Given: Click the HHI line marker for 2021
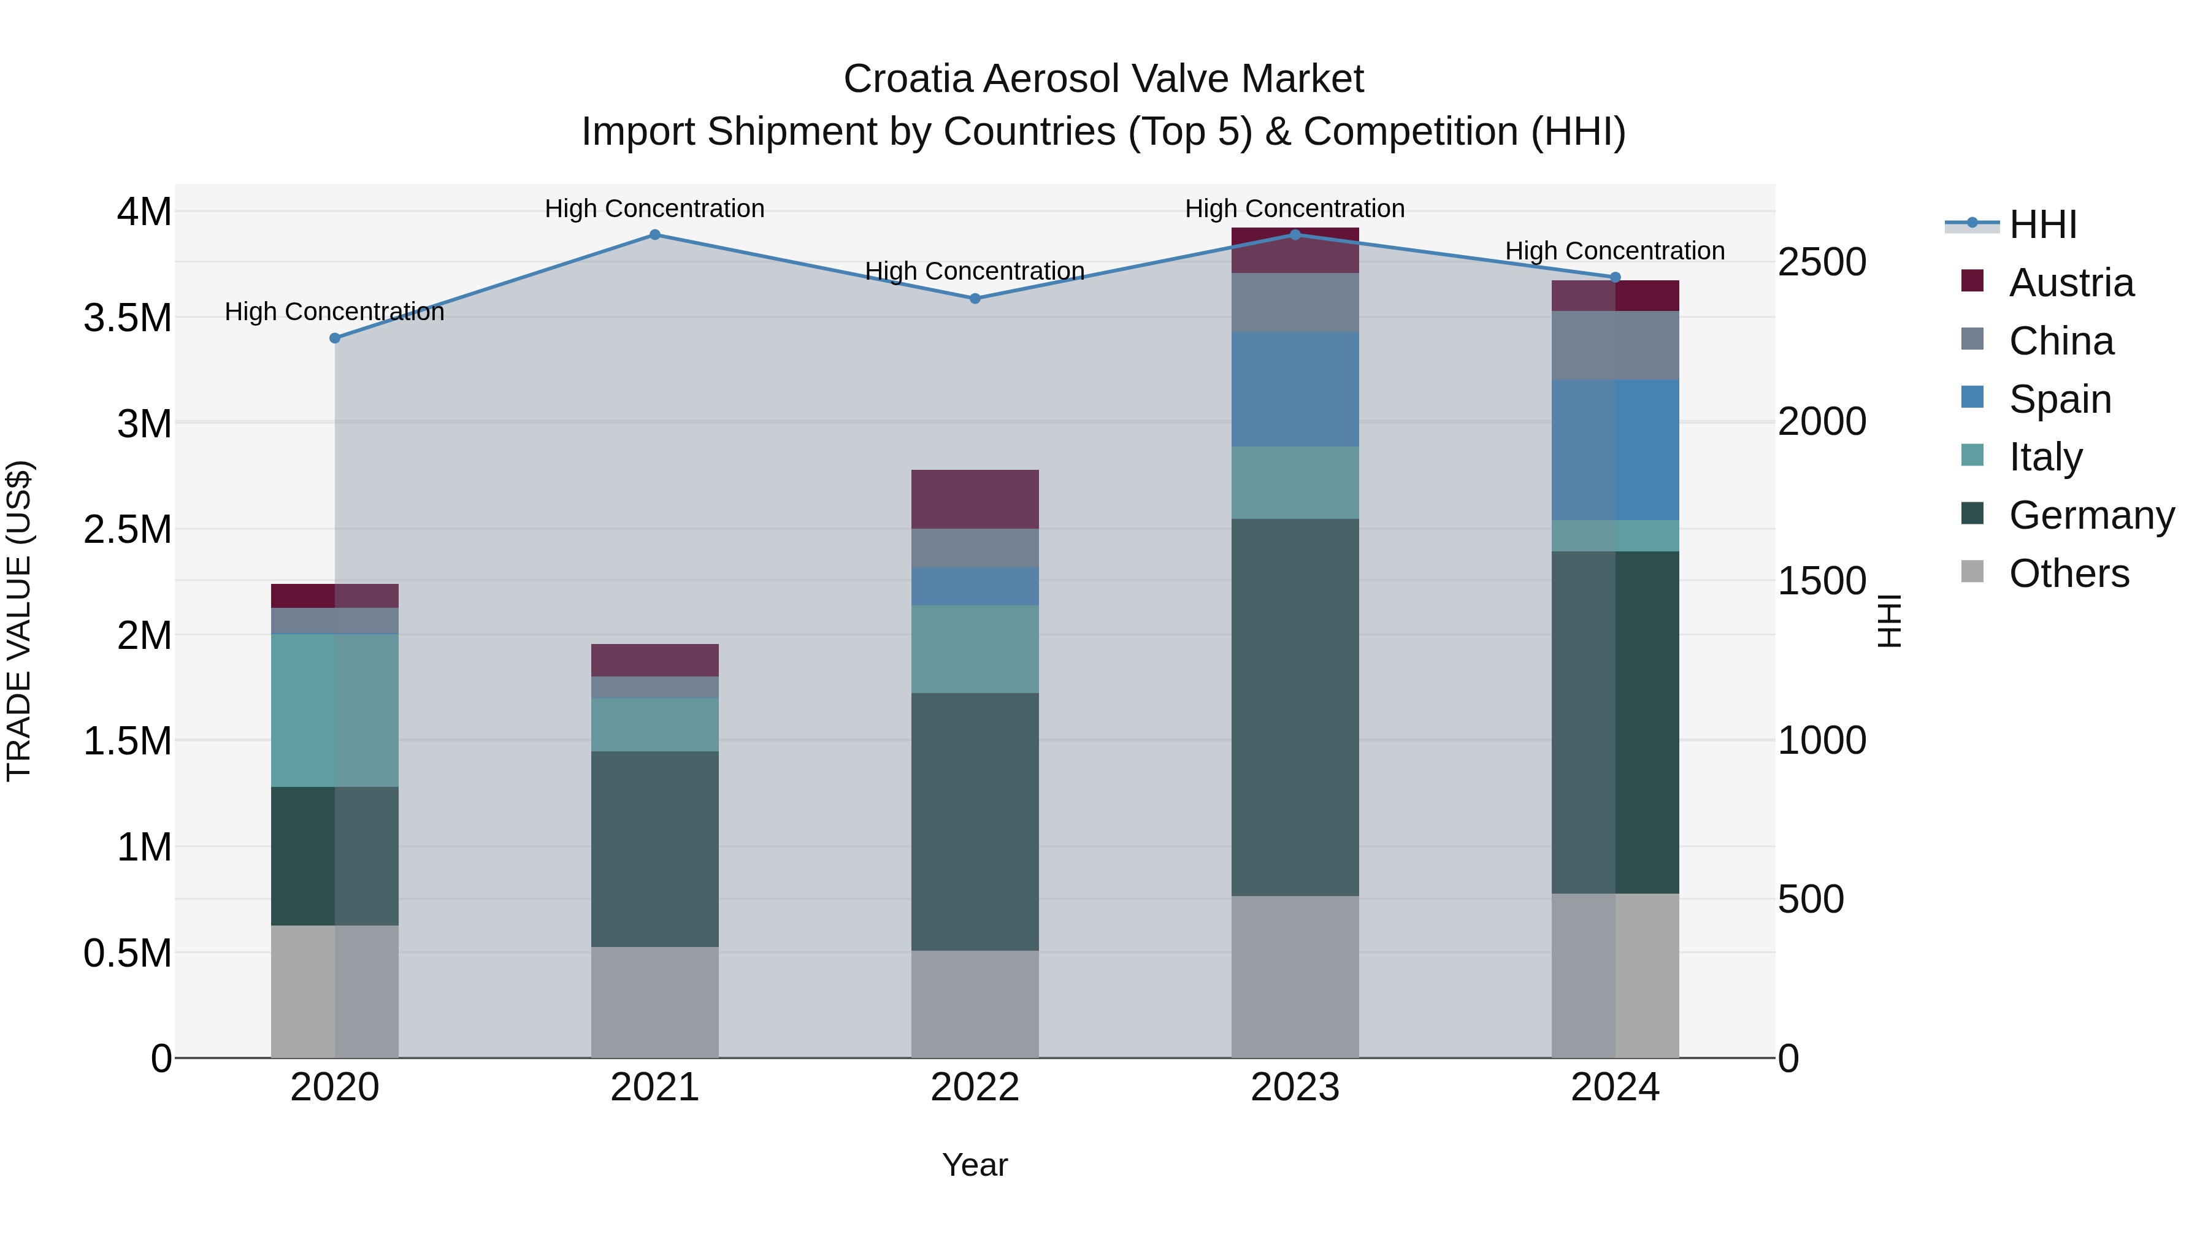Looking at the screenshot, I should [x=655, y=235].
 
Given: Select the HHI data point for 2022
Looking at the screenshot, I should [x=975, y=298].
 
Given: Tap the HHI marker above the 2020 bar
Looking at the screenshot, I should [x=335, y=339].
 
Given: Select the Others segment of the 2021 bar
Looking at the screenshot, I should [x=655, y=1002].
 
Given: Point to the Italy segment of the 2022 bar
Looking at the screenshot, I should [x=975, y=649].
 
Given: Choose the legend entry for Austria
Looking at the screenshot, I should [x=2070, y=283].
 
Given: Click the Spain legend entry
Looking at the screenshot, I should [x=2059, y=399].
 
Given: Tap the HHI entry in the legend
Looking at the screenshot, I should [x=2042, y=224].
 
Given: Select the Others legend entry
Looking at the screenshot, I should [x=2068, y=573].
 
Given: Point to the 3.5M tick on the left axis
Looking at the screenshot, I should [x=127, y=318].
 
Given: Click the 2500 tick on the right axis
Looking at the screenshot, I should [x=1822, y=263].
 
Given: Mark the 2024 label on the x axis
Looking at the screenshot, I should [x=1615, y=1087].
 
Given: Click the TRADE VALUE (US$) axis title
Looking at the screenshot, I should [x=19, y=621].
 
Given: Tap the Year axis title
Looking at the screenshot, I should [x=975, y=1165].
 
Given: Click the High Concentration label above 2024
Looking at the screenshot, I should [x=1615, y=251].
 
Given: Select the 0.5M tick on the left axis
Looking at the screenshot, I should [x=127, y=953].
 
